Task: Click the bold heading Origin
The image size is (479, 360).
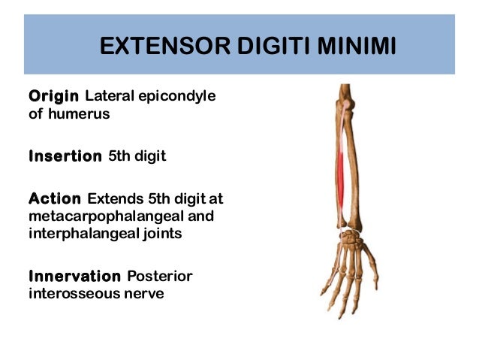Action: point(54,97)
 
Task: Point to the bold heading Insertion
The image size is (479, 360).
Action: point(65,156)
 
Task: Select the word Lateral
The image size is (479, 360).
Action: point(109,97)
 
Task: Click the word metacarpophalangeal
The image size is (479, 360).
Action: point(102,216)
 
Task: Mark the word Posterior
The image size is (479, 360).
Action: point(160,276)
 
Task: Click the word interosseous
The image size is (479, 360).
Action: point(71,293)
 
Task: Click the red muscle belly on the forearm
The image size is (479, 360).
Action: point(342,169)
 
